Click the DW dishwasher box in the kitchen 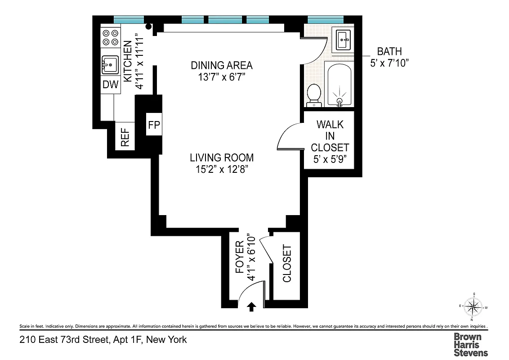coord(111,85)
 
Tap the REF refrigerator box coord(125,137)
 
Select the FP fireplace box coord(154,125)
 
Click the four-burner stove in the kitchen coord(111,37)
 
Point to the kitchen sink coord(109,66)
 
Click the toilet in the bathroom coord(314,95)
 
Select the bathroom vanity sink coord(344,40)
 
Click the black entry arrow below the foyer coord(252,307)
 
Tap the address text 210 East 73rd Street coord(103,340)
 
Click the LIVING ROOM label coord(221,158)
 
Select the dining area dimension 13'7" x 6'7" coord(222,77)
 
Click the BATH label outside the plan coord(389,51)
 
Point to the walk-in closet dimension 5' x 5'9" coord(330,159)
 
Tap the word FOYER coord(240,260)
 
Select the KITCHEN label coord(128,61)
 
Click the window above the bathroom coord(326,19)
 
